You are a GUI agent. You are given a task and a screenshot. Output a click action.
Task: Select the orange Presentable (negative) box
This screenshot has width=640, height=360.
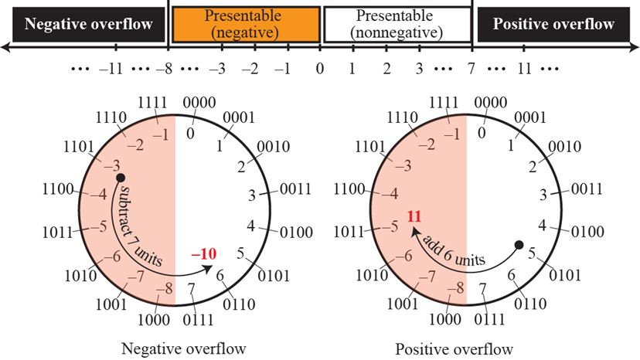click(x=245, y=23)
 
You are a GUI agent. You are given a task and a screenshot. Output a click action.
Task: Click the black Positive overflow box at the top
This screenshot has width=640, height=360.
click(x=557, y=23)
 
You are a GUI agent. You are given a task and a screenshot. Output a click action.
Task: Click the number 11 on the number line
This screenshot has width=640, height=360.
click(x=524, y=68)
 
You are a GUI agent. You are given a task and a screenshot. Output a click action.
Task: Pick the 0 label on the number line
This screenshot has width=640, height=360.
click(x=319, y=68)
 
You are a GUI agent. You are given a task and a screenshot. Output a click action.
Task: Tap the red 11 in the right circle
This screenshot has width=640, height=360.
click(x=414, y=217)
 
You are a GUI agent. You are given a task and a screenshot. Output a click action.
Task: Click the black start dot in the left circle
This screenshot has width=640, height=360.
click(x=120, y=178)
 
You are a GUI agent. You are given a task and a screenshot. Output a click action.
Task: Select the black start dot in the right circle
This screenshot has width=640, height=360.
click(x=519, y=245)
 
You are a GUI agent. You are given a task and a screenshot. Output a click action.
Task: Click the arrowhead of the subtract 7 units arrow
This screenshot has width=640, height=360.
click(x=213, y=268)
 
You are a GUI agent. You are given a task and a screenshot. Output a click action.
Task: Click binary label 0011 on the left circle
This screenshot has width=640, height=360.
click(x=294, y=188)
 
